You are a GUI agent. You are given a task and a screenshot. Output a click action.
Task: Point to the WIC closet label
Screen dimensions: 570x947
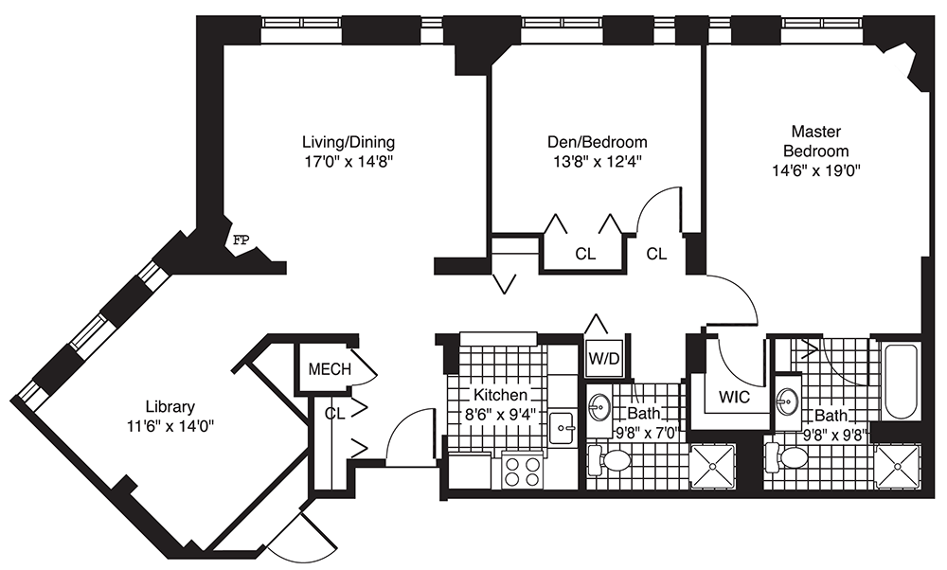click(734, 398)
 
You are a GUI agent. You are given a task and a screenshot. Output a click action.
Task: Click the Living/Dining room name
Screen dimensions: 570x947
click(342, 142)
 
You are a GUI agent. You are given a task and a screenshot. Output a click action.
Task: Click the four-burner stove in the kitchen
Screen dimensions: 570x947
click(521, 471)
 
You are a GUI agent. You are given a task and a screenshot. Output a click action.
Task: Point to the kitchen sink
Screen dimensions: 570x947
click(564, 428)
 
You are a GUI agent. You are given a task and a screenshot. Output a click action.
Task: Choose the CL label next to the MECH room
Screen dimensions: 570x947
click(333, 413)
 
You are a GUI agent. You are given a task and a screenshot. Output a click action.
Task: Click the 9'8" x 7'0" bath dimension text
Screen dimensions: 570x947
click(635, 434)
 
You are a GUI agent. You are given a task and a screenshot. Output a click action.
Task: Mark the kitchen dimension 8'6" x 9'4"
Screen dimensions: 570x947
click(499, 413)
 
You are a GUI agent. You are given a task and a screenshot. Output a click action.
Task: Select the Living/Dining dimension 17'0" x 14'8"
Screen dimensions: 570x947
click(342, 161)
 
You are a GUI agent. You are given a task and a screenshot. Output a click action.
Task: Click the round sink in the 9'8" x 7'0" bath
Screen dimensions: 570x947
click(599, 408)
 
